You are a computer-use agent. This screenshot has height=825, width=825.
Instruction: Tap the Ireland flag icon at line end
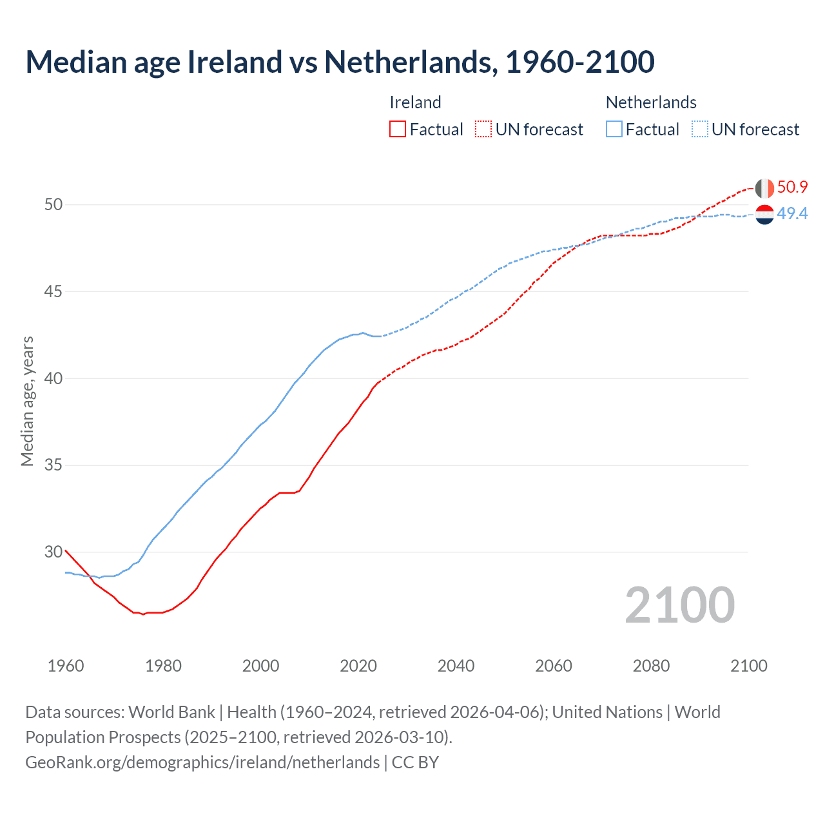pos(764,188)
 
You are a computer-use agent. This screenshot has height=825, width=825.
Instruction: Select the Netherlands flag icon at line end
pos(764,214)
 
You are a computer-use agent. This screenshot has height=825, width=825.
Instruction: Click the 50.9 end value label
pos(792,188)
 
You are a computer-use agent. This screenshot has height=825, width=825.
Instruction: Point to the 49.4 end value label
pos(792,213)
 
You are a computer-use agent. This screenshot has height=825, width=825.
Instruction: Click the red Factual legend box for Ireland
pos(398,130)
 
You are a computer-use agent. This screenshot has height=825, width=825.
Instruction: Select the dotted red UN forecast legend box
pos(483,130)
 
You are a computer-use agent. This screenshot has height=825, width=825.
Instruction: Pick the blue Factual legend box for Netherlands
pos(614,130)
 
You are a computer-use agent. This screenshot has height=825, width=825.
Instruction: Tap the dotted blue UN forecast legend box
pos(699,130)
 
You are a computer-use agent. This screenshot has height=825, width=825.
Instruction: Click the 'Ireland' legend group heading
pos(415,102)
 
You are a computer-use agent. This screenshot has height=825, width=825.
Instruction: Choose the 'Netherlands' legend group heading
pos(651,102)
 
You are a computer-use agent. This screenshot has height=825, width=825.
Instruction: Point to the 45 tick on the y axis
pos(53,291)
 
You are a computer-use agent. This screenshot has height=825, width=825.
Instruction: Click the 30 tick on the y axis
pos(53,552)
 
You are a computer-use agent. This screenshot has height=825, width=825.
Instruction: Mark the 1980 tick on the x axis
pos(163,666)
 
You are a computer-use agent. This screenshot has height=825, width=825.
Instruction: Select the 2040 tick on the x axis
pos(456,666)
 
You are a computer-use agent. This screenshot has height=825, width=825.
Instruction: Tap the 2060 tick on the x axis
pos(554,666)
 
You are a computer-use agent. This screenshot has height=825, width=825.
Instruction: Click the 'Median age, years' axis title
pos(27,401)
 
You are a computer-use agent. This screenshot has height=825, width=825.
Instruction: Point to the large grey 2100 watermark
pos(679,605)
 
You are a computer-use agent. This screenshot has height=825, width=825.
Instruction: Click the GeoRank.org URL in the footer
pos(202,762)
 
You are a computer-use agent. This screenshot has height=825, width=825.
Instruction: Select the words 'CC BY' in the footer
pos(415,762)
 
